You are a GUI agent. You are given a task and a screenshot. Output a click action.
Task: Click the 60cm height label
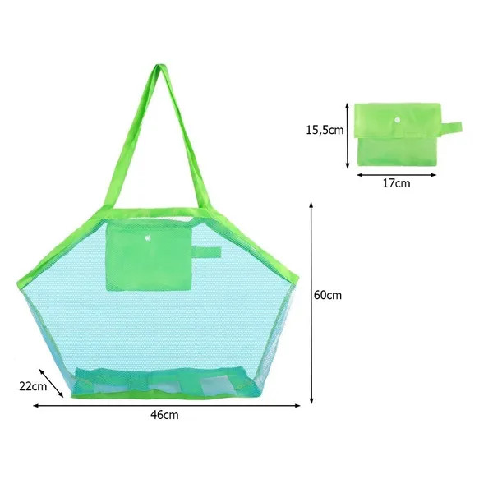pyautogui.click(x=327, y=295)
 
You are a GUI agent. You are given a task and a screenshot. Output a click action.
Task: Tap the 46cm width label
pyautogui.click(x=164, y=415)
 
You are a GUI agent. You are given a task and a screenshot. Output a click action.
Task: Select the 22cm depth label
pyautogui.click(x=33, y=386)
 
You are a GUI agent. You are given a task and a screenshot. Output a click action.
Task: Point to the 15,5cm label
pyautogui.click(x=325, y=130)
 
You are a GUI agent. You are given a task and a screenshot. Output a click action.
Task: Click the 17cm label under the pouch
pyautogui.click(x=397, y=183)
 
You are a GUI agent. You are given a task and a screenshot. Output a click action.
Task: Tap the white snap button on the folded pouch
pyautogui.click(x=398, y=120)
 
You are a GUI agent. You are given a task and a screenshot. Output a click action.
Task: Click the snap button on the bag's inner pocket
pyautogui.click(x=147, y=238)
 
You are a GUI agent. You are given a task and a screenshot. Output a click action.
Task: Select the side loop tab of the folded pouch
pyautogui.click(x=451, y=127)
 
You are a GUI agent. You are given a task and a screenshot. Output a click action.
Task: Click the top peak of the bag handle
pyautogui.click(x=161, y=66)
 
